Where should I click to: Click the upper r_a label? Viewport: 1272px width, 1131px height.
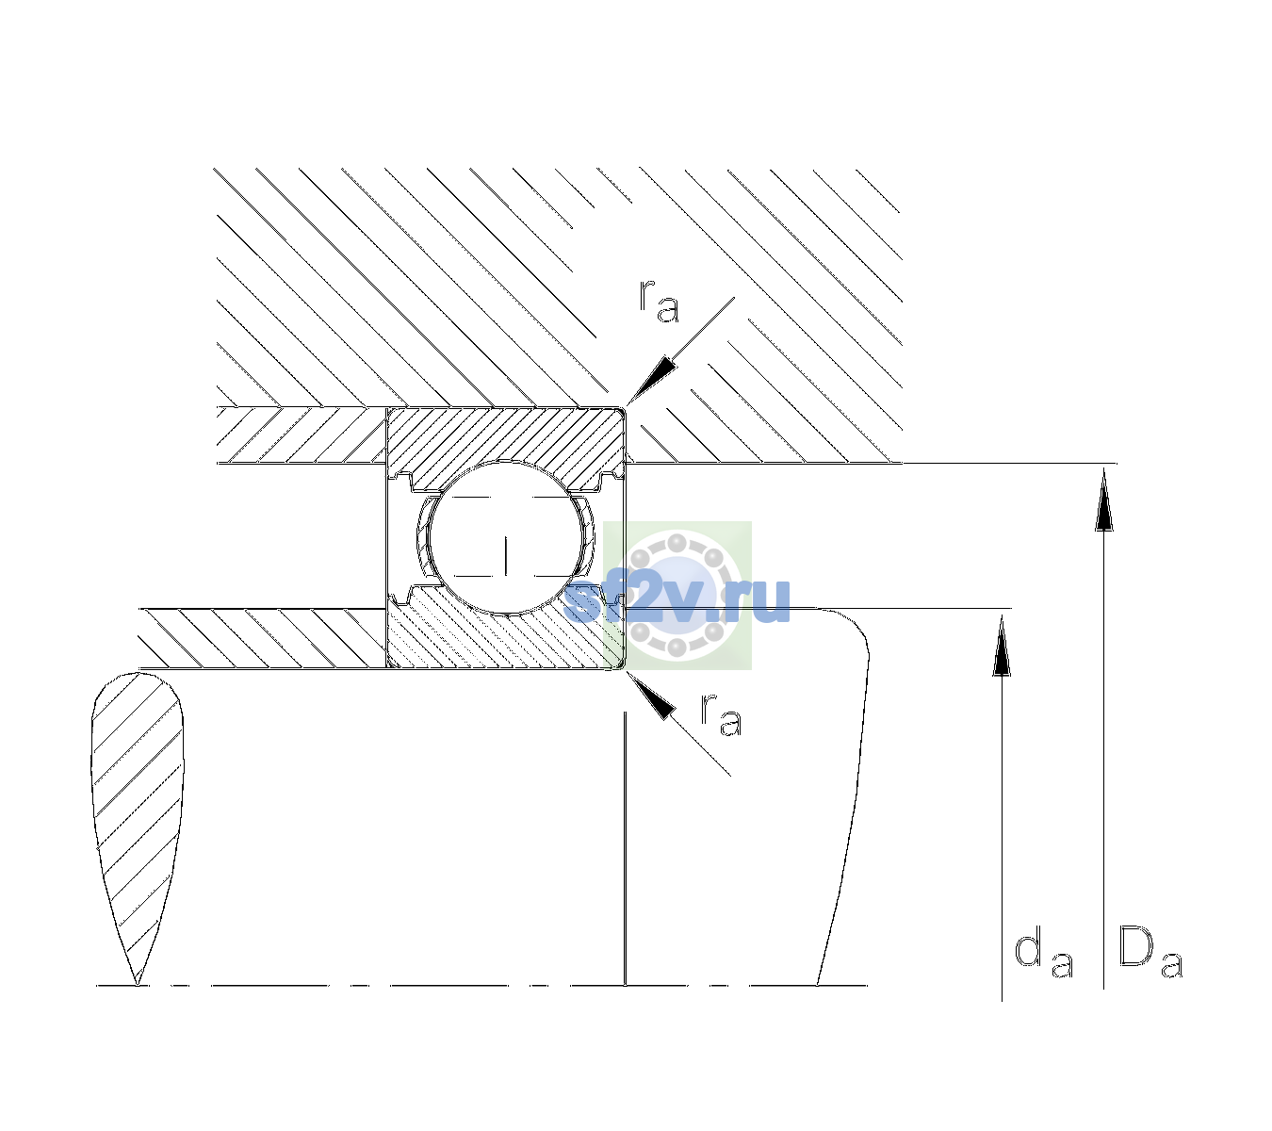coord(659,301)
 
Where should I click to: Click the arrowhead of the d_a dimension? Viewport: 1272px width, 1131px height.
coord(1002,646)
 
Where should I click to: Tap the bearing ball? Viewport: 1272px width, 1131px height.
coord(506,537)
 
